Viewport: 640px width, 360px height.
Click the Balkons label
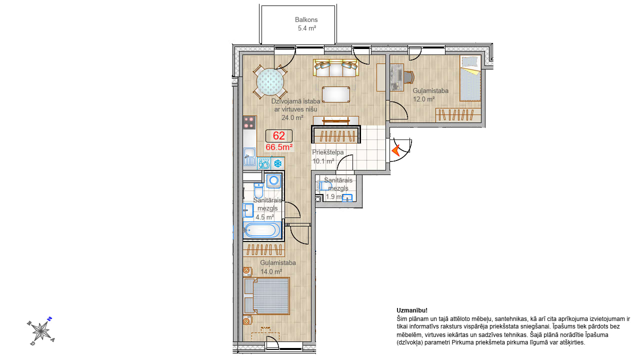[x=306, y=19]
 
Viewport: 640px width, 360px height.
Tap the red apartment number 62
[x=279, y=135]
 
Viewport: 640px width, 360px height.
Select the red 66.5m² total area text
[x=279, y=147]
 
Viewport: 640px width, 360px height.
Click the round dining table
[x=270, y=81]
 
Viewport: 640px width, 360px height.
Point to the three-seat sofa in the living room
[x=336, y=67]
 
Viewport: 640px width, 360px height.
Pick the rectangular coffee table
[x=336, y=94]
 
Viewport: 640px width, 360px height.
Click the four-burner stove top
[x=249, y=122]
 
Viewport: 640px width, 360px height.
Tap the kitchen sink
[x=249, y=156]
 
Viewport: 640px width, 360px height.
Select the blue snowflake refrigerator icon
[x=277, y=163]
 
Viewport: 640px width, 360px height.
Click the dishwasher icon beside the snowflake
[x=264, y=163]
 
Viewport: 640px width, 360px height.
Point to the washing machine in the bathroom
[x=274, y=181]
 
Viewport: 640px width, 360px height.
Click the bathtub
[x=262, y=230]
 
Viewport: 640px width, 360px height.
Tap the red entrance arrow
[x=396, y=150]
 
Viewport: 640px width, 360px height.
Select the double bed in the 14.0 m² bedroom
[x=266, y=296]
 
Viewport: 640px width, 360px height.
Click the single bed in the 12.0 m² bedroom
[x=470, y=78]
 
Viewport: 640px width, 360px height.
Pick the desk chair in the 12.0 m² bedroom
[x=409, y=77]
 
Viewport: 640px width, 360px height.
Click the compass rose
[x=41, y=331]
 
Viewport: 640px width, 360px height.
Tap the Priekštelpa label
[x=327, y=152]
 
